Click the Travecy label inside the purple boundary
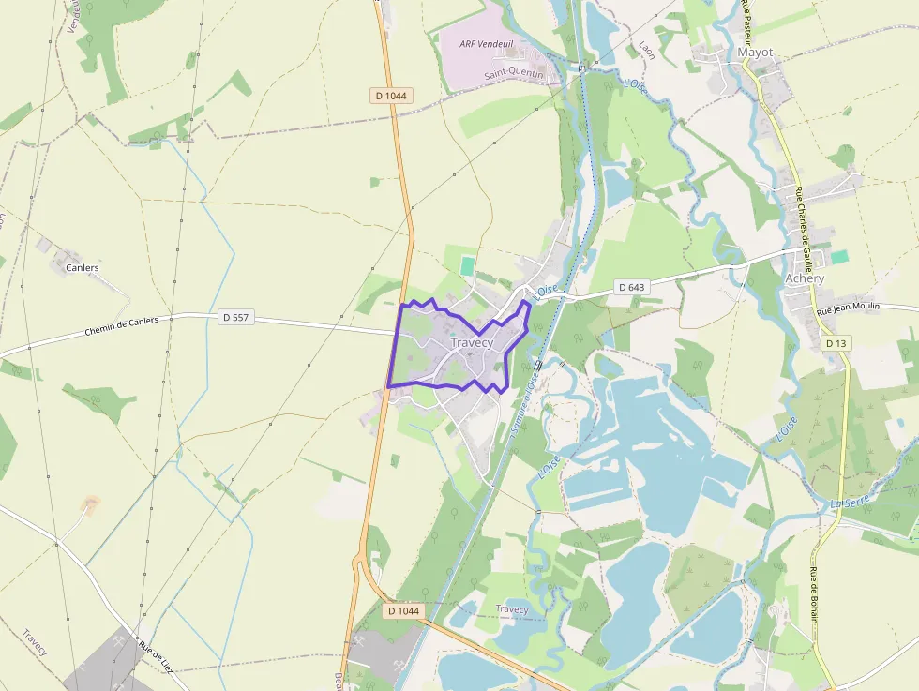click(x=472, y=343)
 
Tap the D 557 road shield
click(x=235, y=318)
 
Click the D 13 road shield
click(x=836, y=344)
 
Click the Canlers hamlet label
click(x=83, y=267)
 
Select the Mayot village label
click(x=756, y=53)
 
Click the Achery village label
click(x=805, y=278)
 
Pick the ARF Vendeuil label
click(x=487, y=44)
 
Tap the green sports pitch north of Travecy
click(x=467, y=265)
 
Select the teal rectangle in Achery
click(x=839, y=257)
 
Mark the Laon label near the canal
click(x=646, y=49)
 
